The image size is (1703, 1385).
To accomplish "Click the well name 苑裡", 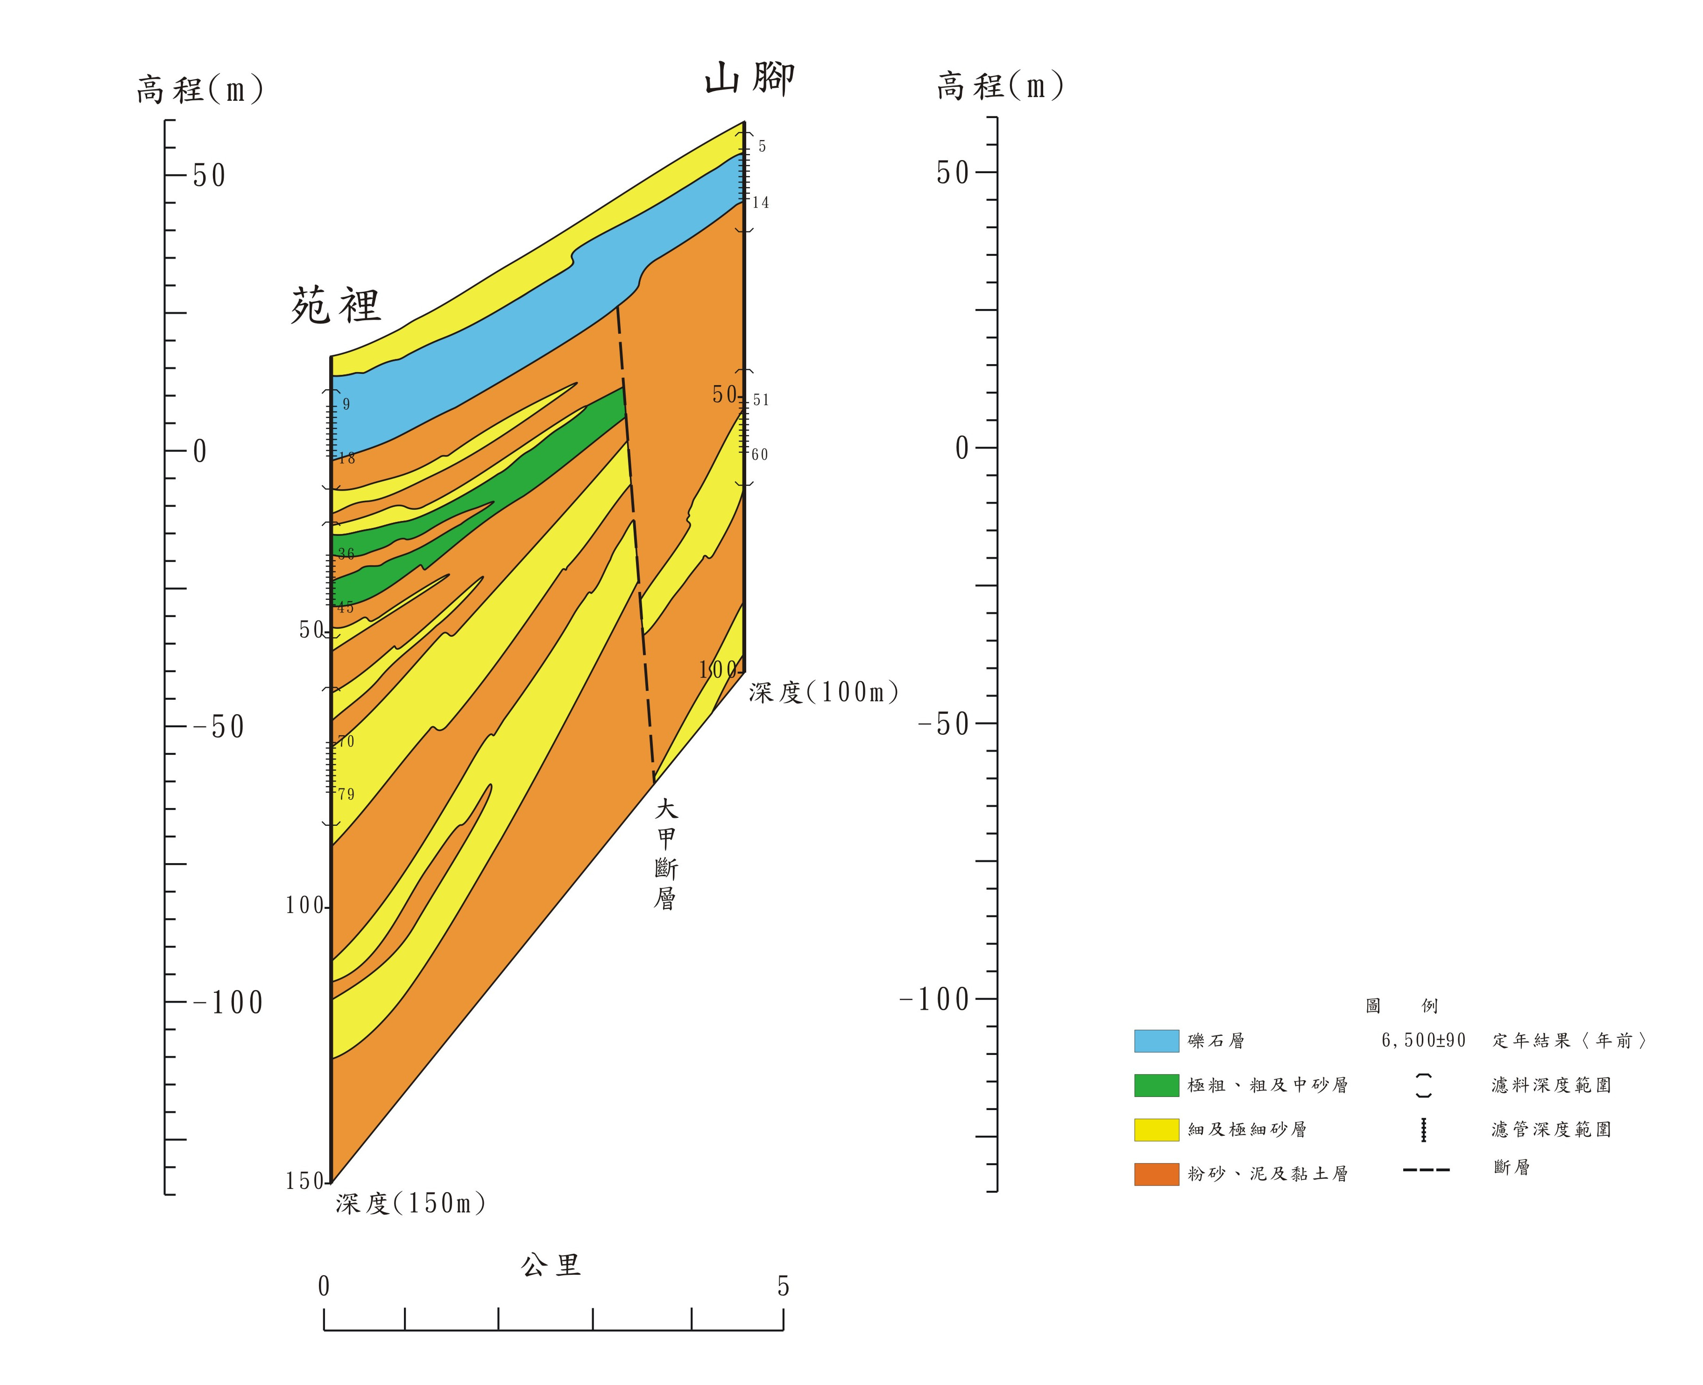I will (x=335, y=306).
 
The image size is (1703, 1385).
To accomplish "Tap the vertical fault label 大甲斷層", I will (x=665, y=854).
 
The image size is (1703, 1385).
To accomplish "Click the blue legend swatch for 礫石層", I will (x=1156, y=1041).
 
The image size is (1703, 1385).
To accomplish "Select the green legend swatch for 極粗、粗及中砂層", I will (x=1156, y=1085).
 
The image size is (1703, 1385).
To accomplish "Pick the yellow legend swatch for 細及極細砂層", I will (x=1156, y=1130).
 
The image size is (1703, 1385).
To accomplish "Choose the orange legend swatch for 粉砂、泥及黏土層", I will (x=1156, y=1174).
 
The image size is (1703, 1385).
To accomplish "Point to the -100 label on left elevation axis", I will (x=228, y=1003).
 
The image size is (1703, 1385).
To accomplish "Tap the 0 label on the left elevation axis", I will (x=199, y=451).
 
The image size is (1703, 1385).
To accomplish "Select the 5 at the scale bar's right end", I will (x=783, y=1286).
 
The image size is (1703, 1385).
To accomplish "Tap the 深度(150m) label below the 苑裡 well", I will (x=410, y=1203).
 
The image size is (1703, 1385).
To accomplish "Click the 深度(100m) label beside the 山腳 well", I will (x=824, y=692).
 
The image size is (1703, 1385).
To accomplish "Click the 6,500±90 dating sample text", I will (x=1424, y=1041).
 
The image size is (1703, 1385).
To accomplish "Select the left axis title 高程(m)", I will (x=199, y=89).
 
